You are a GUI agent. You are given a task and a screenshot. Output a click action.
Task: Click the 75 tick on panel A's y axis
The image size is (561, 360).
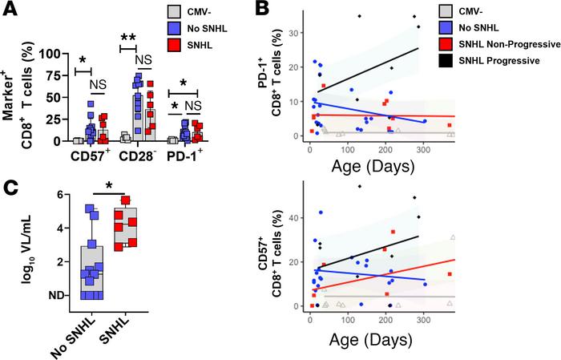click(54, 75)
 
